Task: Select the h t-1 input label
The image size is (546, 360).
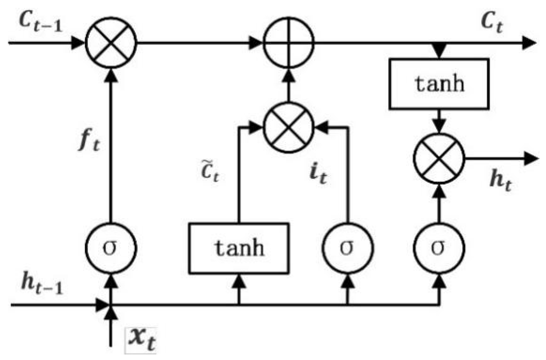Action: pyautogui.click(x=42, y=283)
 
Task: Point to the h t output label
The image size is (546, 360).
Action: pyautogui.click(x=500, y=180)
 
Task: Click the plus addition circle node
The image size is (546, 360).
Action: pyautogui.click(x=288, y=43)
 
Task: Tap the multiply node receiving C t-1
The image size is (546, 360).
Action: pyautogui.click(x=111, y=43)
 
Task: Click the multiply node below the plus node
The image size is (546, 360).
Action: pyautogui.click(x=288, y=127)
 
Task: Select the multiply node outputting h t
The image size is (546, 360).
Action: pyautogui.click(x=439, y=159)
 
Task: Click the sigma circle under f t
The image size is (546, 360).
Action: pyautogui.click(x=111, y=248)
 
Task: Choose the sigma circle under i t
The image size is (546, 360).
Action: pyautogui.click(x=347, y=248)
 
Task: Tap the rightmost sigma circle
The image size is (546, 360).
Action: pyautogui.click(x=439, y=248)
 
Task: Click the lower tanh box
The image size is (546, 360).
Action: pyautogui.click(x=239, y=248)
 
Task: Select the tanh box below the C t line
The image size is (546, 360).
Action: pyautogui.click(x=439, y=84)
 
